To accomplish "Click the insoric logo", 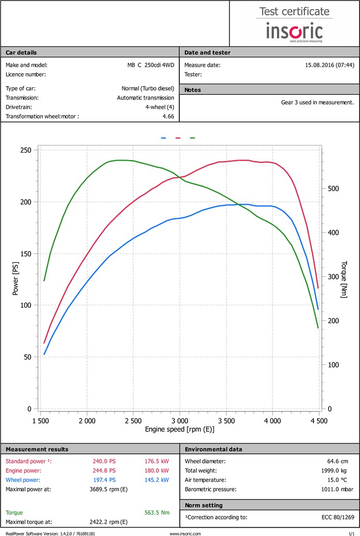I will point(294,31).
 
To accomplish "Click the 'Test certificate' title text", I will point(294,11).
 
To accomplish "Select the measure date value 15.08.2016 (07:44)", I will point(329,65).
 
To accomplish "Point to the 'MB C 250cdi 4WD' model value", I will point(151,65).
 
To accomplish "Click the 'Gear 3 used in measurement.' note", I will point(317,102).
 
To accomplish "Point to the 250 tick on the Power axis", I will point(25,150).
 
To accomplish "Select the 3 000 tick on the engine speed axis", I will point(179,420).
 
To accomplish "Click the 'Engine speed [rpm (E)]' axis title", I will point(179,429).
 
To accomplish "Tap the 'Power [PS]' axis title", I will point(15,279).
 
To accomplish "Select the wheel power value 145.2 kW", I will point(157,479).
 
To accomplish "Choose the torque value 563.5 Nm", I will point(157,513).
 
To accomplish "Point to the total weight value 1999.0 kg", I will point(340,470).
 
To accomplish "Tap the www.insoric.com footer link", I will point(185,533).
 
